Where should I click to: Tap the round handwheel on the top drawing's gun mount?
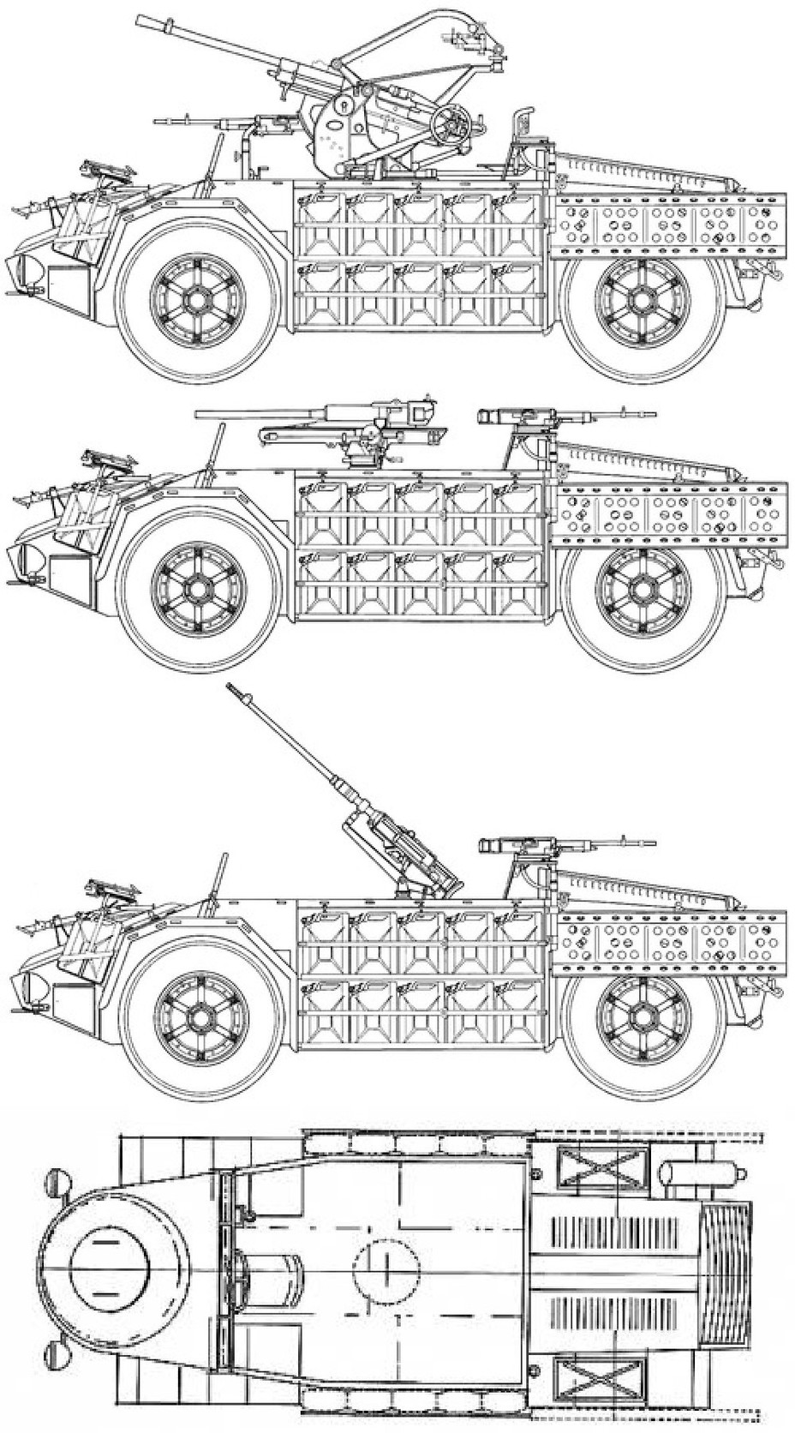coord(451,125)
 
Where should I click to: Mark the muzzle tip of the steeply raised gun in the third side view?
coord(230,687)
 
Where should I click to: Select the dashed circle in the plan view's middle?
coord(386,1267)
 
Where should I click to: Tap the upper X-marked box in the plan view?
coord(599,1166)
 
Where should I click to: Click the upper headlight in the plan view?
coord(58,1181)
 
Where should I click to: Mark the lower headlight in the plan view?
coord(58,1352)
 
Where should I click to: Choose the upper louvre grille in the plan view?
coord(612,1234)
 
